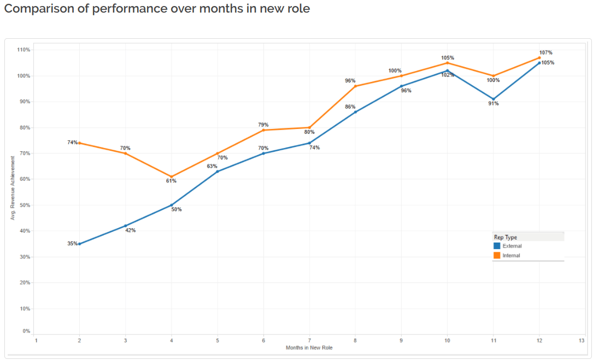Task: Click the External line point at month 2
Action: point(79,244)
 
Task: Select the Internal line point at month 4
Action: point(172,177)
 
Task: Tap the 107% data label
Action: point(545,52)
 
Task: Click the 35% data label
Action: point(72,244)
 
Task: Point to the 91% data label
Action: point(493,104)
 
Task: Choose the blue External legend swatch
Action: point(497,246)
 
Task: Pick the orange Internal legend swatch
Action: point(497,255)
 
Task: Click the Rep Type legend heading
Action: point(506,237)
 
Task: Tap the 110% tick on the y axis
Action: point(24,50)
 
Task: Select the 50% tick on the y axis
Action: point(25,205)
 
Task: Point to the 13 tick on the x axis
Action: point(581,340)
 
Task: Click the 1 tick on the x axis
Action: point(36,340)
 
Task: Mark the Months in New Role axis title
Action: point(309,347)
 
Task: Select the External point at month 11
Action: point(494,99)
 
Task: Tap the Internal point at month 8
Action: point(355,86)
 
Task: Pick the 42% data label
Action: point(130,231)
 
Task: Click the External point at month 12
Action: point(539,63)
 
